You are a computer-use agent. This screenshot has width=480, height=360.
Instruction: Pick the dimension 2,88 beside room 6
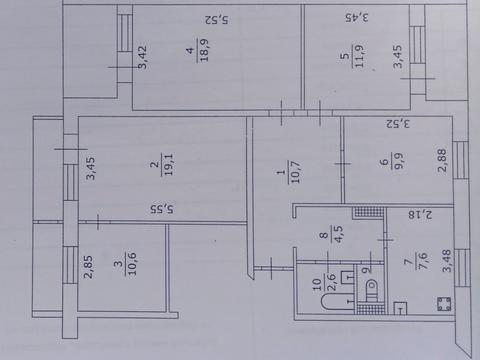pos(441,164)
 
